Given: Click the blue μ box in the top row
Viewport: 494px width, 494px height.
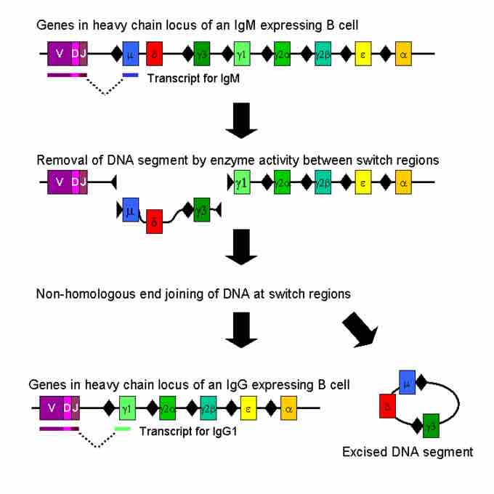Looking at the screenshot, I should pos(131,54).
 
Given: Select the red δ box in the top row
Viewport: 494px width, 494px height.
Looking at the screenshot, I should pos(154,54).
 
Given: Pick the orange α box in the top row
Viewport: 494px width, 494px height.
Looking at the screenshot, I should pos(404,54).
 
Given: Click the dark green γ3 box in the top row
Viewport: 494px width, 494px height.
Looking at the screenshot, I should pos(202,54).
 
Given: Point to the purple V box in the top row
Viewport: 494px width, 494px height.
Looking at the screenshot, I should pos(59,54).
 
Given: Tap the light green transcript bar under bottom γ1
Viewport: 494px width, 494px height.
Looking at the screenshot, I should pos(123,429).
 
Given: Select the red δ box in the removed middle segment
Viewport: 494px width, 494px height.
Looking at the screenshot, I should pos(154,220).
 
